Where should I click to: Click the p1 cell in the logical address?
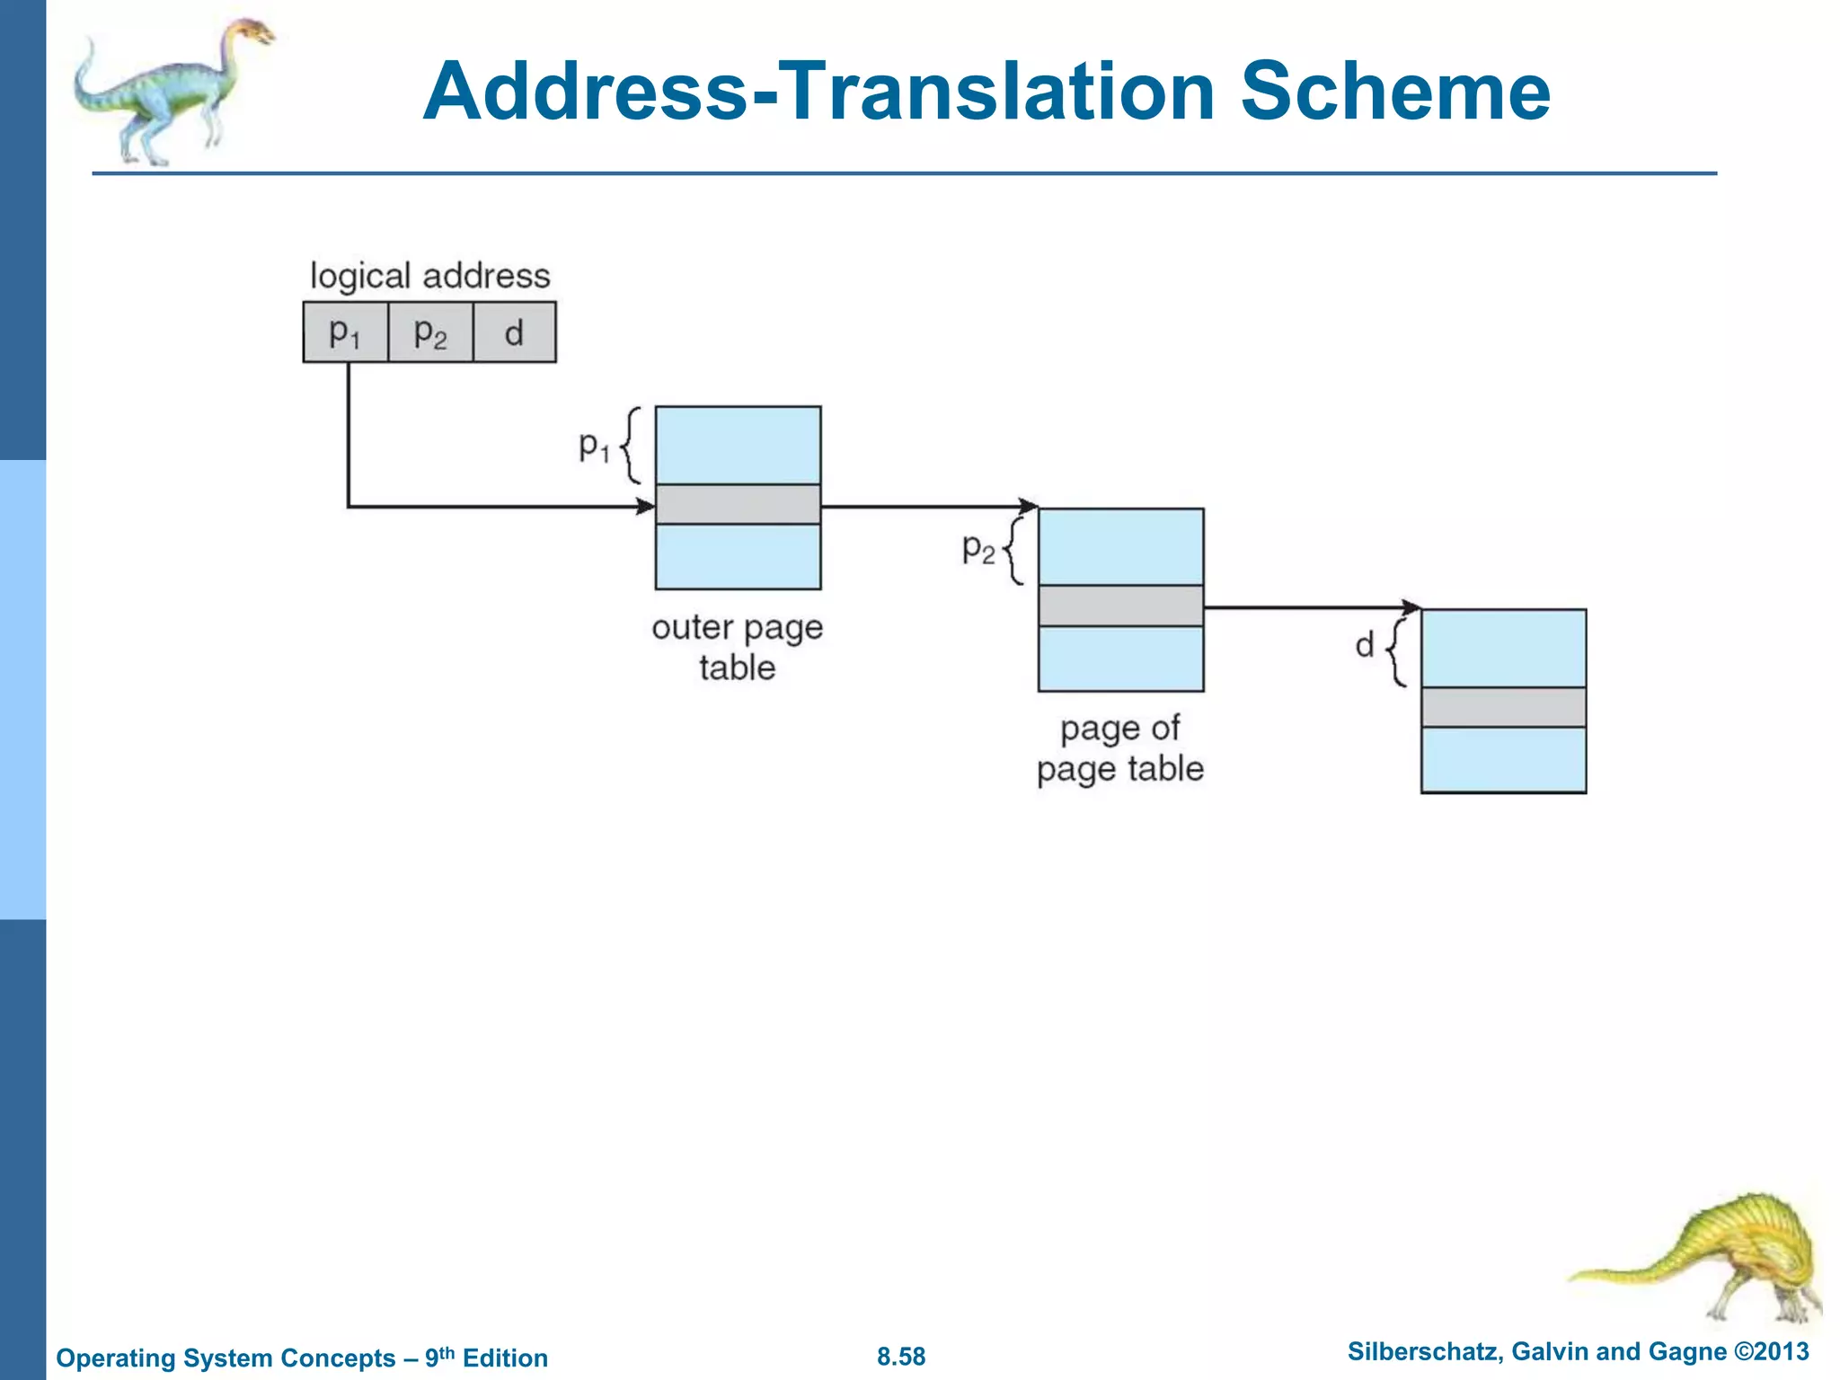coord(345,332)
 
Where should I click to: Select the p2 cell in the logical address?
coord(429,332)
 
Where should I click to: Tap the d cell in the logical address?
coord(514,332)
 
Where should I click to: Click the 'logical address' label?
coord(429,276)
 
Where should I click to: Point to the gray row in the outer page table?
coord(738,504)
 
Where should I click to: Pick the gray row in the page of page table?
coord(1120,606)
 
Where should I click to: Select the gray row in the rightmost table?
coord(1503,707)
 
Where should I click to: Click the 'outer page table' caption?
coord(737,647)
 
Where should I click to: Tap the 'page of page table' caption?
coord(1119,748)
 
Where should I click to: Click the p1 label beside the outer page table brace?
coord(593,445)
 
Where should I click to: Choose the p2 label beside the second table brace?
coord(977,547)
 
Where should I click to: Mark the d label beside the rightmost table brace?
coord(1365,645)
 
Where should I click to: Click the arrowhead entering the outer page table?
coord(645,507)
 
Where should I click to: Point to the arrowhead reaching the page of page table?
coord(1028,507)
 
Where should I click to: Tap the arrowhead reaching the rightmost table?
coord(1411,608)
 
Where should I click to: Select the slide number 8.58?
coord(901,1356)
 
